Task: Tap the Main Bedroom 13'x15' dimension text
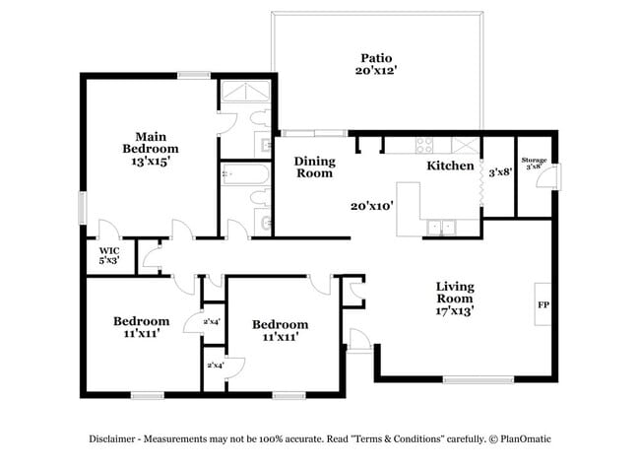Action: [150, 161]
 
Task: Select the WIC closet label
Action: [108, 255]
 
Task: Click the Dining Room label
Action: [315, 166]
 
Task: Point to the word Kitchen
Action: [449, 166]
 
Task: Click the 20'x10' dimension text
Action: [372, 207]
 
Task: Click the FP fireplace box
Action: [543, 305]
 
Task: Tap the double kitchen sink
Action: [440, 228]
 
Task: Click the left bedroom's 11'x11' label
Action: [140, 334]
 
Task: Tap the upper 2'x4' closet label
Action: [212, 322]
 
